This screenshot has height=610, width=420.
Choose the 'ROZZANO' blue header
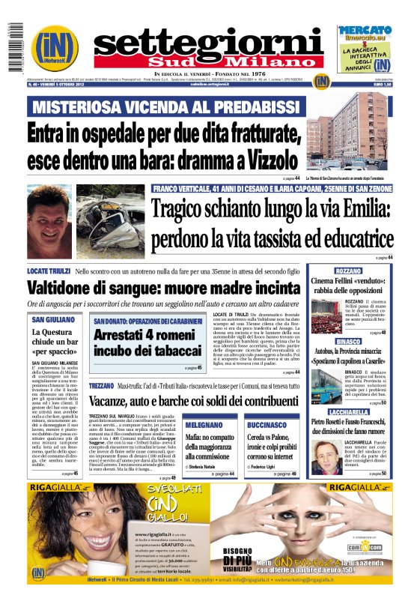348,271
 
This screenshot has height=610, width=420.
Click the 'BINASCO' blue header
348,342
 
